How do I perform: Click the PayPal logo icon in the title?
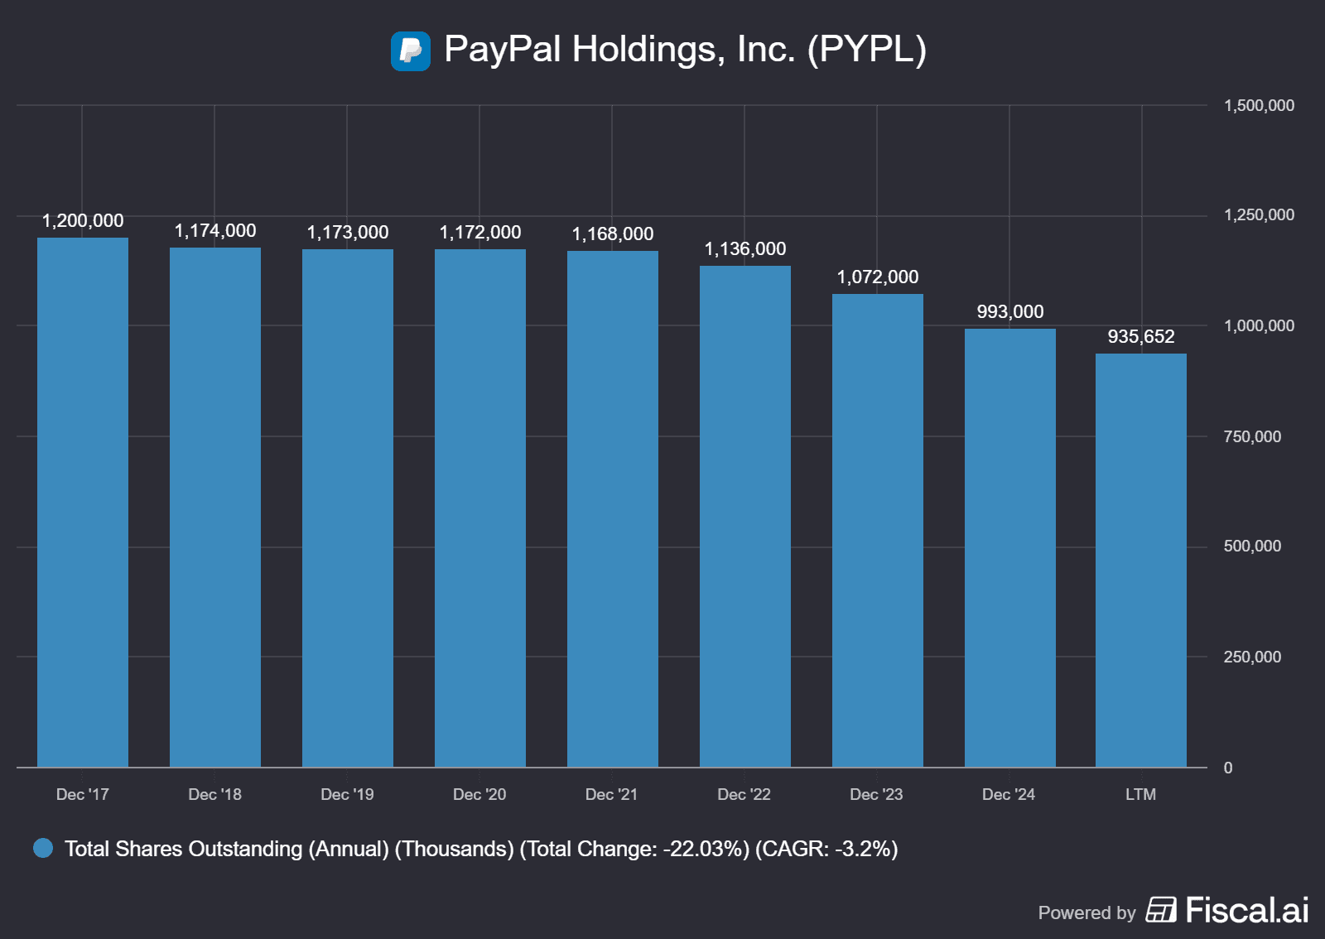(x=410, y=51)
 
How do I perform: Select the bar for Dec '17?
(x=83, y=502)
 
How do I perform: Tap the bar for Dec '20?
(x=480, y=508)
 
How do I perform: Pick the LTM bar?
(x=1140, y=560)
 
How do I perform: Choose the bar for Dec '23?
(x=877, y=530)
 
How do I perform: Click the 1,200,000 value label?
(x=83, y=221)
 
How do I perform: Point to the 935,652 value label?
(x=1140, y=337)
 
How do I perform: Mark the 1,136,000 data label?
(x=744, y=249)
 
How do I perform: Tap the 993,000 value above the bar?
(x=1009, y=312)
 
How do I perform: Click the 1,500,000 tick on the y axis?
(x=1259, y=106)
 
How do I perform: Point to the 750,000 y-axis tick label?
(x=1252, y=437)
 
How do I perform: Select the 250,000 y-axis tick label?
(x=1252, y=657)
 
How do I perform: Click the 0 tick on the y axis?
(x=1228, y=768)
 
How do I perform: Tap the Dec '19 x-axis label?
(x=347, y=795)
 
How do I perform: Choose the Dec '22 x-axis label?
(x=744, y=795)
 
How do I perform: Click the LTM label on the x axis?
(x=1140, y=795)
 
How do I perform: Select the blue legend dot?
(x=43, y=849)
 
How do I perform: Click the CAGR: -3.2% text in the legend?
(x=826, y=850)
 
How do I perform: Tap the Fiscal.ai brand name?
(x=1246, y=911)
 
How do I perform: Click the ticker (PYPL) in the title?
(x=866, y=50)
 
